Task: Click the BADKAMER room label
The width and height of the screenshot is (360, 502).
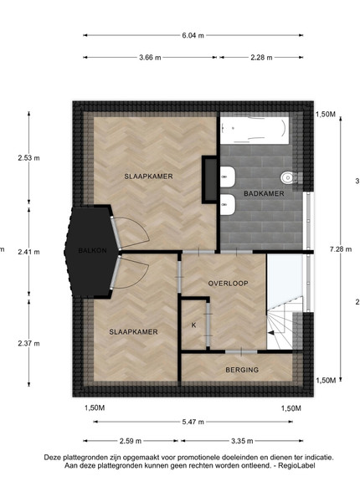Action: click(x=264, y=193)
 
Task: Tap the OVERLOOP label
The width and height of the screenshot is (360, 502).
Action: click(x=228, y=284)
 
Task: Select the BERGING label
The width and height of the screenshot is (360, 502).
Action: click(x=242, y=370)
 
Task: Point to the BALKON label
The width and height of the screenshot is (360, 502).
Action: click(x=92, y=250)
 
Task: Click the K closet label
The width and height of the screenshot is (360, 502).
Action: click(x=193, y=325)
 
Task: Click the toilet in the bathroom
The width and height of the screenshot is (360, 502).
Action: click(x=289, y=177)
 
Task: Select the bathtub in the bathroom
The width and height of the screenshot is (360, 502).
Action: click(x=255, y=130)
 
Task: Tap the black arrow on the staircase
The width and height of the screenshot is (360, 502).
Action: click(x=271, y=333)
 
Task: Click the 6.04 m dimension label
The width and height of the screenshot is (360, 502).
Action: click(x=193, y=35)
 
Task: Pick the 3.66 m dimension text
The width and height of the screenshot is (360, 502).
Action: click(x=150, y=58)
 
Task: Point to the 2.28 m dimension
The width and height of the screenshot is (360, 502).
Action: click(x=261, y=58)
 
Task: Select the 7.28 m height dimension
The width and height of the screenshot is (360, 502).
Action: click(x=341, y=248)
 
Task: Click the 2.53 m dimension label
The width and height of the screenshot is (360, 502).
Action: click(x=28, y=158)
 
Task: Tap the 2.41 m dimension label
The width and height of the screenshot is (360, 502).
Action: click(x=28, y=252)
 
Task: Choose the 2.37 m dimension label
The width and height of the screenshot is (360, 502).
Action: click(x=28, y=344)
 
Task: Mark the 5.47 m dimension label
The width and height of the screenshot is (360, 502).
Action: click(x=193, y=422)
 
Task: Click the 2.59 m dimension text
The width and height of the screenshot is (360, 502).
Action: click(x=131, y=441)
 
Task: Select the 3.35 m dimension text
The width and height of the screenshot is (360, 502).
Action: click(x=242, y=441)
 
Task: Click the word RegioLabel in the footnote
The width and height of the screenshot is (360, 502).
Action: click(x=296, y=465)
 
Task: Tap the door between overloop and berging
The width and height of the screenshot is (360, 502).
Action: click(x=241, y=352)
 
